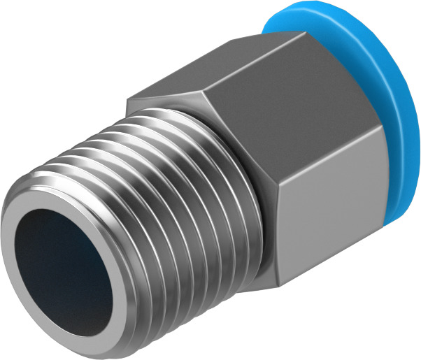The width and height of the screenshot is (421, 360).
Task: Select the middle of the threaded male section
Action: pos(161,203)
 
